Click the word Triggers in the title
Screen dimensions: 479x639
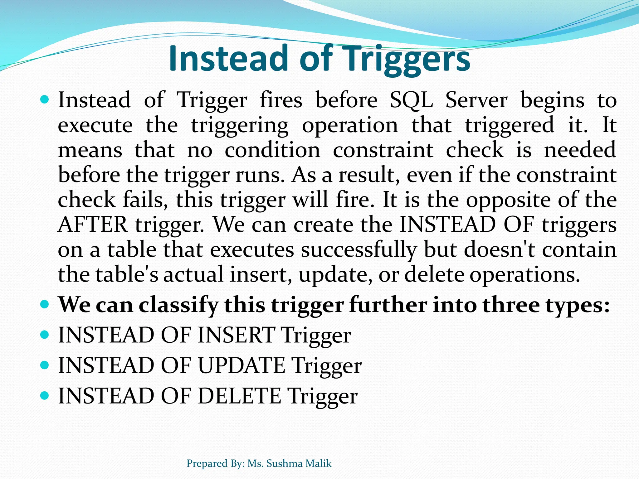pyautogui.click(x=406, y=59)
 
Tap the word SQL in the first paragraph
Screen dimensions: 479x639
pyautogui.click(x=411, y=100)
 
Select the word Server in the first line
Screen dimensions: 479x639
pyautogui.click(x=476, y=100)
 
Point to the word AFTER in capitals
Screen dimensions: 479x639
pyautogui.click(x=93, y=225)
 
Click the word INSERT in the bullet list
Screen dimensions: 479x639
pyautogui.click(x=236, y=335)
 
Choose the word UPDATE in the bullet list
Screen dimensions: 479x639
pyautogui.click(x=241, y=365)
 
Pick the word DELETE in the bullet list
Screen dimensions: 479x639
pyautogui.click(x=239, y=396)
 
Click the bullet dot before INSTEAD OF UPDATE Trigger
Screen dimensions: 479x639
pyautogui.click(x=45, y=365)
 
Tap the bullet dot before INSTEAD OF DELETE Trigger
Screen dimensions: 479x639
pyautogui.click(x=45, y=395)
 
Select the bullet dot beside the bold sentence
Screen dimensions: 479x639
pyautogui.click(x=45, y=304)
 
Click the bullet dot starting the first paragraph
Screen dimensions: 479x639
pyautogui.click(x=45, y=100)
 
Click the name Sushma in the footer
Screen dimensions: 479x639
pyautogui.click(x=285, y=463)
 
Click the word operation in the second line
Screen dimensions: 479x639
pyautogui.click(x=350, y=125)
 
